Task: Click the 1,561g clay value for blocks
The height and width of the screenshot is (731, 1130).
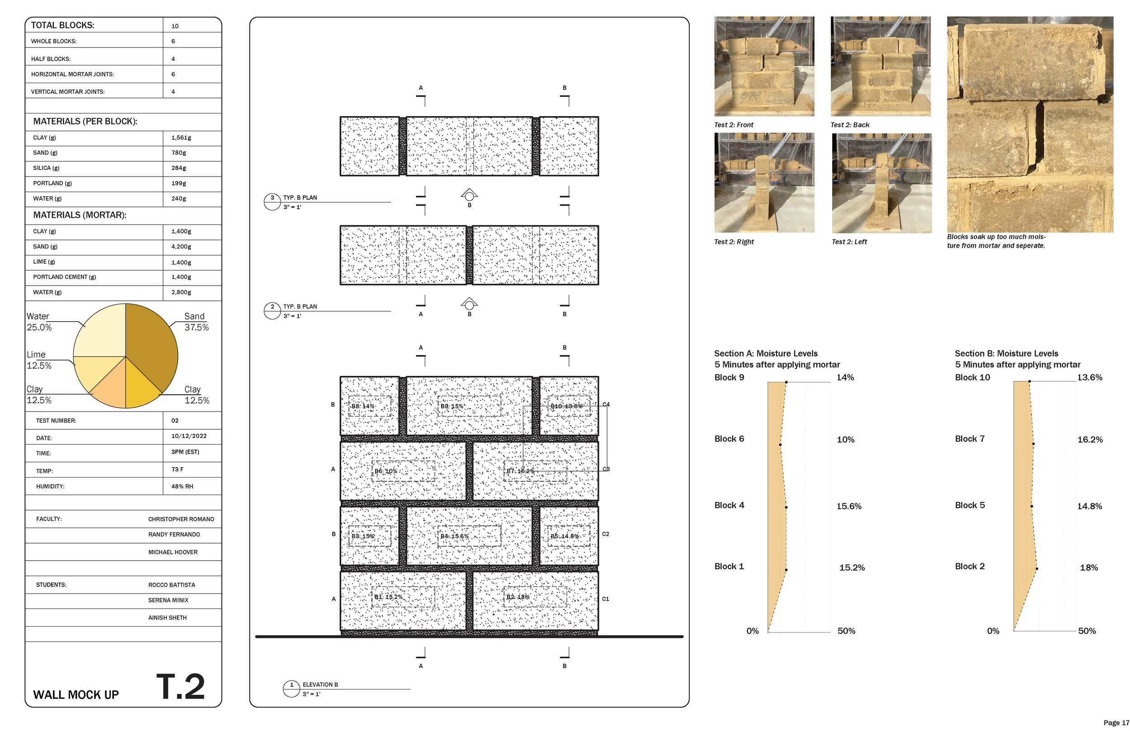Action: [181, 138]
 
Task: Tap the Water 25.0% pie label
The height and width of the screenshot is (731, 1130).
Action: [39, 322]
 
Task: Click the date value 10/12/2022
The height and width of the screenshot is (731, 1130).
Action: [188, 436]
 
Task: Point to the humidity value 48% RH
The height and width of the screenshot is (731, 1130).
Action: [182, 487]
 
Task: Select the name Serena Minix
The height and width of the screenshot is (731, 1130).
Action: [168, 600]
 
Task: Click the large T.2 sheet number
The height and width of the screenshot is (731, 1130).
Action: [180, 686]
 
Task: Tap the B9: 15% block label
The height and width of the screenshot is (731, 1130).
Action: [452, 406]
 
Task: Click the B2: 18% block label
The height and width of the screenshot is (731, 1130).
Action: [518, 597]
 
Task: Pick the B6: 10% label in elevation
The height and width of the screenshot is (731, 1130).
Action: [386, 471]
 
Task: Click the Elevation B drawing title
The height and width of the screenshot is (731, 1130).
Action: [320, 684]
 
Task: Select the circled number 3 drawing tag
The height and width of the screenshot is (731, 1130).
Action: [272, 198]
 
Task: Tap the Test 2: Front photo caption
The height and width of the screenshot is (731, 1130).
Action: [734, 125]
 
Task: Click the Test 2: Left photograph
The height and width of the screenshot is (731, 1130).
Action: [881, 183]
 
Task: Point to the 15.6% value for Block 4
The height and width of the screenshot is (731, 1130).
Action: [849, 506]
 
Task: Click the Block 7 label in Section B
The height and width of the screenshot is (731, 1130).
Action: [970, 439]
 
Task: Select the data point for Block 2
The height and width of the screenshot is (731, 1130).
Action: [1036, 569]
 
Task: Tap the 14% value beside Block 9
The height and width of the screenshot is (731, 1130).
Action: [845, 377]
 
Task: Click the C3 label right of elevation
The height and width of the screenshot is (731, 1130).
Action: [606, 469]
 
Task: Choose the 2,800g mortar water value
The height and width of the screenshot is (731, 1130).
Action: [181, 292]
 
